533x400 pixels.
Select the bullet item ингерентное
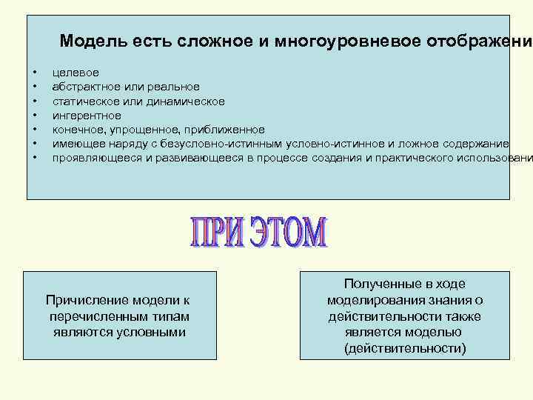point(87,116)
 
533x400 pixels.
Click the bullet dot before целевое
point(34,73)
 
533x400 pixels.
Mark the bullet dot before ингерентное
point(34,116)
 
